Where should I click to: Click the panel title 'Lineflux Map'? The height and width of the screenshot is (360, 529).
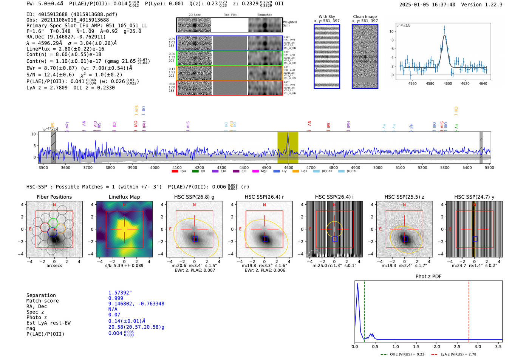[x=124, y=197]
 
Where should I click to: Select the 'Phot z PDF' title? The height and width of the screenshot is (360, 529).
[x=428, y=277]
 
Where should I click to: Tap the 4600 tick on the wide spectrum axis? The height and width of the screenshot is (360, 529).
[x=289, y=167]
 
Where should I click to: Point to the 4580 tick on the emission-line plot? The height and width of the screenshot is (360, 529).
[x=430, y=83]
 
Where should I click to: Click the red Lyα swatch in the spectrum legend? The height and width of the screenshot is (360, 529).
[x=175, y=171]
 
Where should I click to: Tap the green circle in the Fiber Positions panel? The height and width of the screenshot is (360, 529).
[x=53, y=222]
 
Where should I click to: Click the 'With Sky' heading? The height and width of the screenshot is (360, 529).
[x=327, y=17]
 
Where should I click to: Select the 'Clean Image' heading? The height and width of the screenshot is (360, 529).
[x=365, y=17]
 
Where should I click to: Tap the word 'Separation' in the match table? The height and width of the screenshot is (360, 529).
[x=41, y=295]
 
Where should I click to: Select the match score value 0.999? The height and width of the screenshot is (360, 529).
[x=116, y=298]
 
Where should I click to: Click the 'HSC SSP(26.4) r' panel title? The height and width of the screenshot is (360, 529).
[x=264, y=197]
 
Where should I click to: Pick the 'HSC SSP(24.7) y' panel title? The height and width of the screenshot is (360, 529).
[x=474, y=197]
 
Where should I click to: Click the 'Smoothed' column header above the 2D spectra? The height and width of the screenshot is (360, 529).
[x=264, y=15]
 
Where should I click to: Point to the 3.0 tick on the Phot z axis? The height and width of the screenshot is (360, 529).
[x=478, y=346]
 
